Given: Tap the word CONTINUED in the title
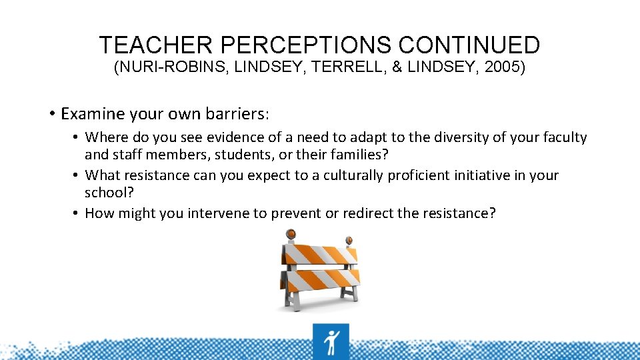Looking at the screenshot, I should (x=469, y=45).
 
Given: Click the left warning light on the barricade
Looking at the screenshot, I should (x=291, y=235).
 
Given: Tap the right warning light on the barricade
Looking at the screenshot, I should (x=348, y=241).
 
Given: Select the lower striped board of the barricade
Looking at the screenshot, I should (x=319, y=279).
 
